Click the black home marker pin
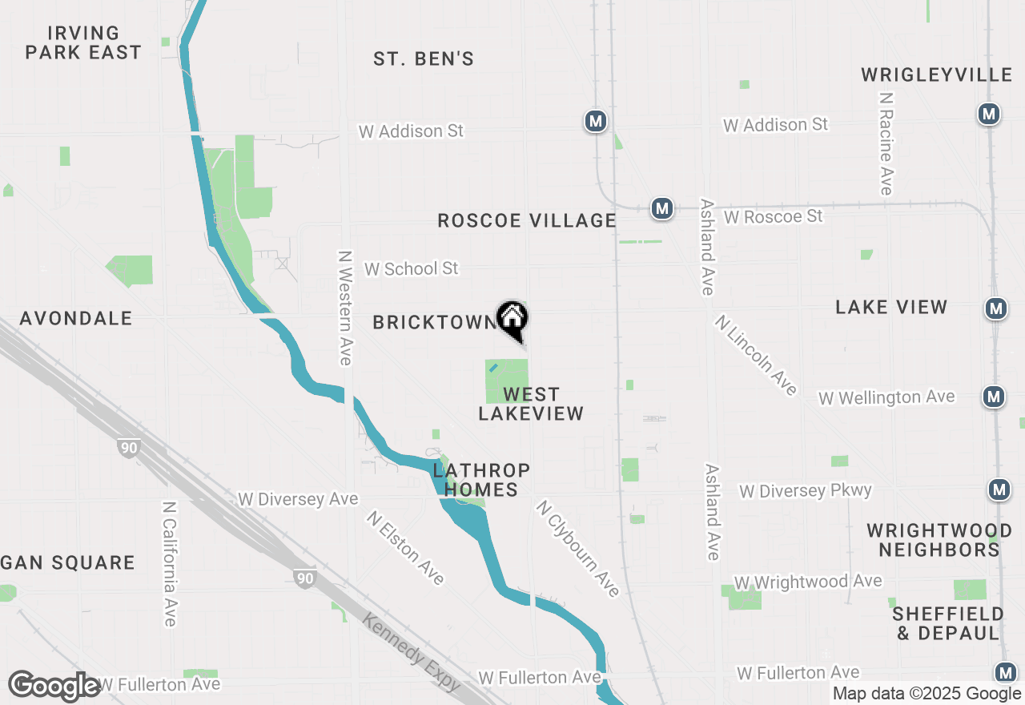pos(512,319)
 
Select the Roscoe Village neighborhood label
pos(527,220)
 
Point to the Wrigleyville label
pos(937,75)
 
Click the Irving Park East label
pos(83,42)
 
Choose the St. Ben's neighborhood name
pos(424,58)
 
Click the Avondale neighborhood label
pos(76,318)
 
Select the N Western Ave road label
pos(345,308)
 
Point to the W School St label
pos(412,268)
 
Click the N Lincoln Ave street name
pos(757,355)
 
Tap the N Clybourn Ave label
pos(578,549)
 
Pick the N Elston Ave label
pos(405,548)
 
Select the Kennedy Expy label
pos(411,653)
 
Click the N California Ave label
pos(169,564)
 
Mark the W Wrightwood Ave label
pos(808,582)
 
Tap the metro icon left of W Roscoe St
pos(661,209)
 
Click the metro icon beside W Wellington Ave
pos(994,396)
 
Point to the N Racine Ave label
pos(885,143)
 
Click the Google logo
pos(54,687)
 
